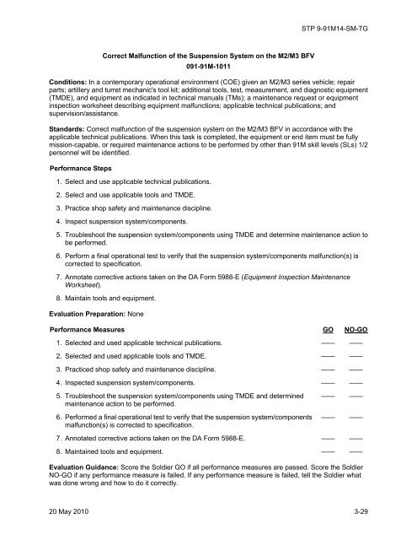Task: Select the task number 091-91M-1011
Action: (208, 63)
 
